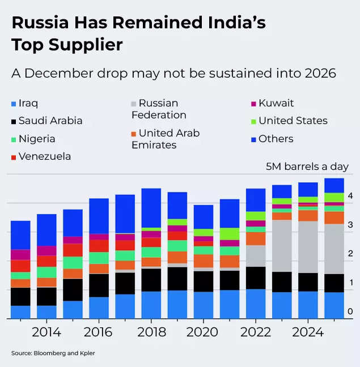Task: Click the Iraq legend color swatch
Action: point(14,104)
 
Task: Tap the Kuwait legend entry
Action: point(276,103)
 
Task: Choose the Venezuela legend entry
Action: point(44,156)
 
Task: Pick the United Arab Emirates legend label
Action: point(165,139)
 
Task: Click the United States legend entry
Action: point(293,121)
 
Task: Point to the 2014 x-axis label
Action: point(46,332)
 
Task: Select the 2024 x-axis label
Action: point(308,332)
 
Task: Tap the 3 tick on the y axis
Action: point(351,225)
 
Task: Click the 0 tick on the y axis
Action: point(351,311)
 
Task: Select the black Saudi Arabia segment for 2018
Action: point(151,280)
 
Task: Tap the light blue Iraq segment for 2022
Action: point(256,304)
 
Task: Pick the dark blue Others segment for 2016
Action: point(99,215)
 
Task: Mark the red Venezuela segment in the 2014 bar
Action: point(46,261)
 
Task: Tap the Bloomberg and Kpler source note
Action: point(53,353)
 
